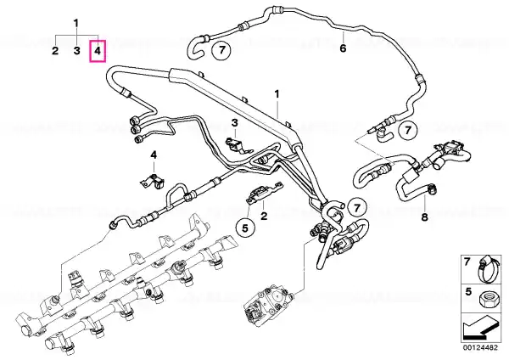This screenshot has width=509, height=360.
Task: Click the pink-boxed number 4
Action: point(98,51)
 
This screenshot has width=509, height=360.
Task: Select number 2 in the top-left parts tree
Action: point(55,51)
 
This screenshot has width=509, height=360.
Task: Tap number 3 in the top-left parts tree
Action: point(76,51)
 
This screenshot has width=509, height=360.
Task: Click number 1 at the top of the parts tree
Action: point(76,24)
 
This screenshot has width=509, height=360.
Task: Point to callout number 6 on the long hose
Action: point(343,48)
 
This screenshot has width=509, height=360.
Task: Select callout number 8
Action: point(425,217)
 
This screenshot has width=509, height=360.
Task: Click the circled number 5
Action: point(245,228)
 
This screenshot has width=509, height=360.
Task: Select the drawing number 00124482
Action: point(480,347)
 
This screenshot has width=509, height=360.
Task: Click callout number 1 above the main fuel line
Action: point(277,94)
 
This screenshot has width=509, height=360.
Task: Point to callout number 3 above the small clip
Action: point(234,123)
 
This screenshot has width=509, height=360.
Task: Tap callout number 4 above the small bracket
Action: point(154,155)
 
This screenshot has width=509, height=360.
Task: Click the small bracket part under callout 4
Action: point(153,181)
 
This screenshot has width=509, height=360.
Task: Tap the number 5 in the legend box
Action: point(467,292)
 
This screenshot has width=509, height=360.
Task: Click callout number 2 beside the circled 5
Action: point(264,215)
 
